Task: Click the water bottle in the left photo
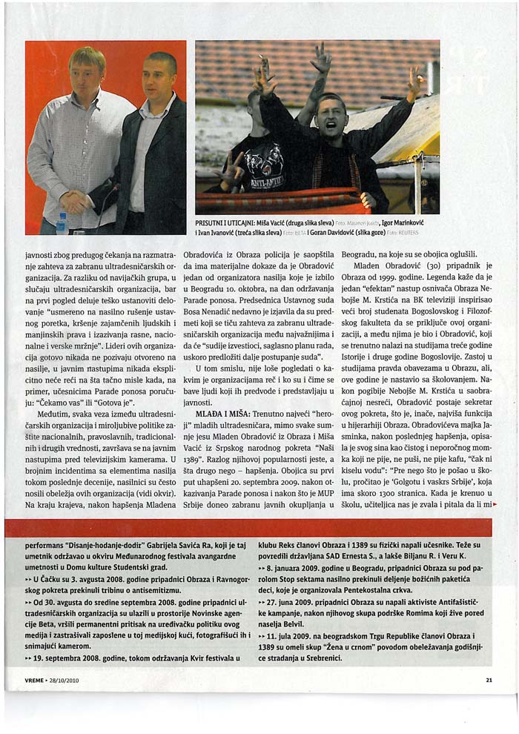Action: (62, 223)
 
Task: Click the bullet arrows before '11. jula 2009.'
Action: (262, 635)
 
